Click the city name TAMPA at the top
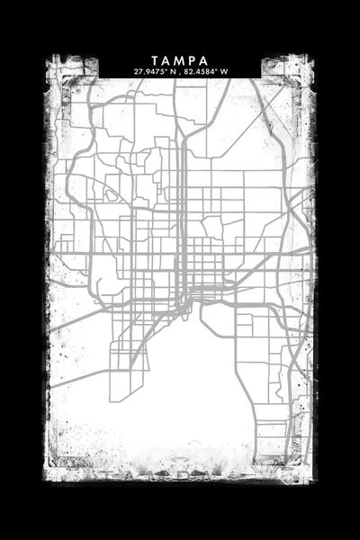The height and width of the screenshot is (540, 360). click(180, 60)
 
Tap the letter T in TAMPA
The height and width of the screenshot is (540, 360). click(157, 60)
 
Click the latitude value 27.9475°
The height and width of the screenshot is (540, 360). click(149, 71)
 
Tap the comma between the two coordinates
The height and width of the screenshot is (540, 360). click(179, 72)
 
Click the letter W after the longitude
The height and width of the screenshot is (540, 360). click(225, 71)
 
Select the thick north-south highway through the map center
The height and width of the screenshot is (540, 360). click(183, 198)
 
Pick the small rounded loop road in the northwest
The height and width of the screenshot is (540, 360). click(112, 193)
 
